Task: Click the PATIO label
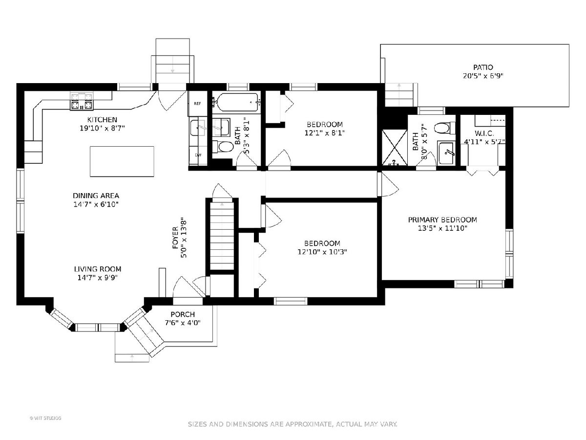coord(483,67)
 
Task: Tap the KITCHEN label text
coord(102,119)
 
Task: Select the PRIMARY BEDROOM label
coord(442,220)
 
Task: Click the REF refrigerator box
coord(198,103)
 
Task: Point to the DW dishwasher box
coord(198,155)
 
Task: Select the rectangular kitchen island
coord(122,161)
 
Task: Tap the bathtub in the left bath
coord(237,102)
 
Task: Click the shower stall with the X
coord(395,148)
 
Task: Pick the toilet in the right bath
coord(445,128)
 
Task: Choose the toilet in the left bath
coord(223,147)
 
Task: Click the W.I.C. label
coord(484,133)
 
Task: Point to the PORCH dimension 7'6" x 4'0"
coord(183,323)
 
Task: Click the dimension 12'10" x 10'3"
coord(322,252)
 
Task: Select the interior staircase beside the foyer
coord(222,236)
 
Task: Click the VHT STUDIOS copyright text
coord(45,418)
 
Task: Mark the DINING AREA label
coord(96,196)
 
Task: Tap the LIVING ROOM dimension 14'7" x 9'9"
coord(98,278)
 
